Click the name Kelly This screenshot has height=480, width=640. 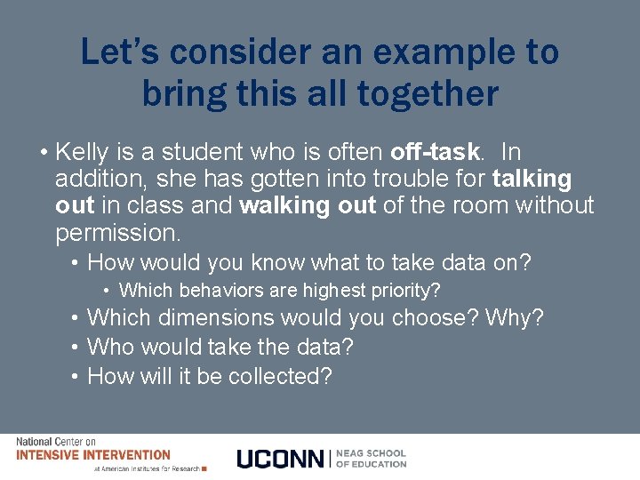coord(86,152)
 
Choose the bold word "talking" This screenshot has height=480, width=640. coord(532,179)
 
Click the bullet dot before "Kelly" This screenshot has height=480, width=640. coord(43,152)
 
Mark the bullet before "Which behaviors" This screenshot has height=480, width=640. coord(106,290)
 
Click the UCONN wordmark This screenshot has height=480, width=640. coord(281,459)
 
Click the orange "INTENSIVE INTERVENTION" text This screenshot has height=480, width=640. coord(93,454)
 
